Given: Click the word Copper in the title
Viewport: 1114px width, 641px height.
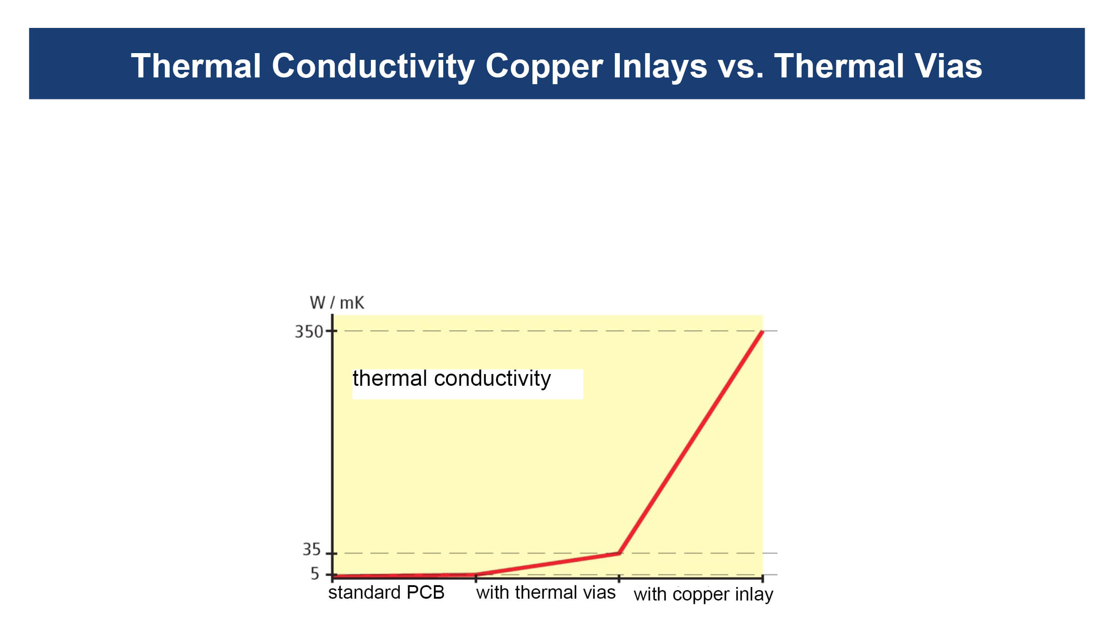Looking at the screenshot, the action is tap(544, 67).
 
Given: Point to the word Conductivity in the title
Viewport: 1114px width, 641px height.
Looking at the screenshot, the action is tap(373, 67).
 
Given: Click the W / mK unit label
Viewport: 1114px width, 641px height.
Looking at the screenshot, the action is tap(337, 303).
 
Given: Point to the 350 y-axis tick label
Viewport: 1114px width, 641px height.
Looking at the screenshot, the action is tap(309, 332).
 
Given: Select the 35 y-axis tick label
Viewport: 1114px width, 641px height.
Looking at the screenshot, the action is tap(311, 550).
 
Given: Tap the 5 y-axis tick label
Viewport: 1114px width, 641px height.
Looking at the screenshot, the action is tap(315, 574).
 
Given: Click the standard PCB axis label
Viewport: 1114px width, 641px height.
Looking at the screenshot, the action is tap(386, 592).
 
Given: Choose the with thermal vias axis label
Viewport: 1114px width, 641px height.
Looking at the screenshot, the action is tap(546, 592).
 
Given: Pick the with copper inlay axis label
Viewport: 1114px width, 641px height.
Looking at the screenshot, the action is tap(704, 594).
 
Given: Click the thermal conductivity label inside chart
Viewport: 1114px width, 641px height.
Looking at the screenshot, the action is tap(451, 379).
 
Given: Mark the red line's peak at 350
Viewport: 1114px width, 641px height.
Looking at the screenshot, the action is tap(762, 332).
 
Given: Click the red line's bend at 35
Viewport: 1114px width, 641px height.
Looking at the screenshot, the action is tap(619, 553).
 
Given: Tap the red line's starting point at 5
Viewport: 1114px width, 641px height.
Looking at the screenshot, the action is tap(334, 576).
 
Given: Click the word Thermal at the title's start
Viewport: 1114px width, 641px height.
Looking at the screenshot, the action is tap(196, 66).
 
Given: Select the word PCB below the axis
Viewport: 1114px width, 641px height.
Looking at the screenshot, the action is tap(425, 592).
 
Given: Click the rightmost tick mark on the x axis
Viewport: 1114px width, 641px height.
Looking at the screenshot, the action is tap(762, 578).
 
